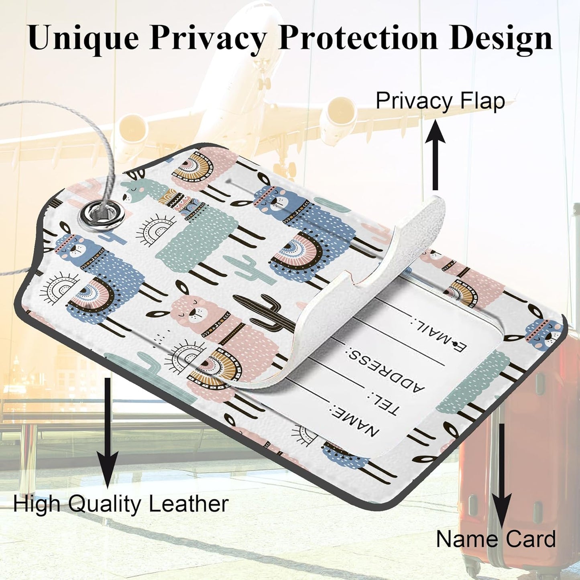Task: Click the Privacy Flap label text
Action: coord(440,102)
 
